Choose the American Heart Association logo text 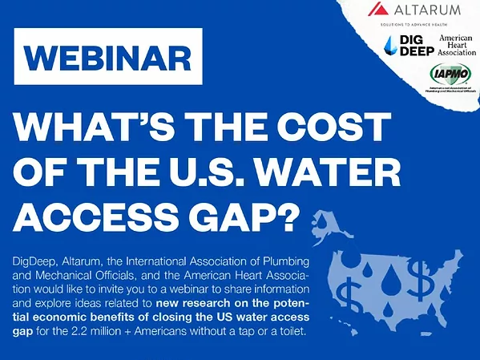tap(457, 45)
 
